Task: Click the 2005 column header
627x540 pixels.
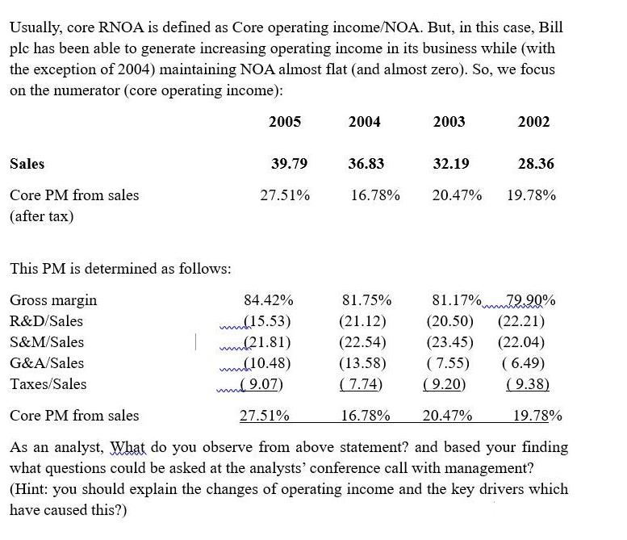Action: click(x=284, y=122)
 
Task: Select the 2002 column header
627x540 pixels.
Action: click(x=533, y=122)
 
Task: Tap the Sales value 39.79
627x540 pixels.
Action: click(x=289, y=164)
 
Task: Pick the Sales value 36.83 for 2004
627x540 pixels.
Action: click(x=366, y=164)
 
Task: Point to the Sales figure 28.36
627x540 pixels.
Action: click(x=536, y=164)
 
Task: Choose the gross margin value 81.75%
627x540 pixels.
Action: click(x=366, y=300)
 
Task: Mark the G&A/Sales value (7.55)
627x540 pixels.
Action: click(x=446, y=363)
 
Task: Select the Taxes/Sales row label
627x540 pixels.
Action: click(x=48, y=384)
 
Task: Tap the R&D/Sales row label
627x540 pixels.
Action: click(x=46, y=321)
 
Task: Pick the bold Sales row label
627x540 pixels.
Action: click(x=27, y=164)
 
